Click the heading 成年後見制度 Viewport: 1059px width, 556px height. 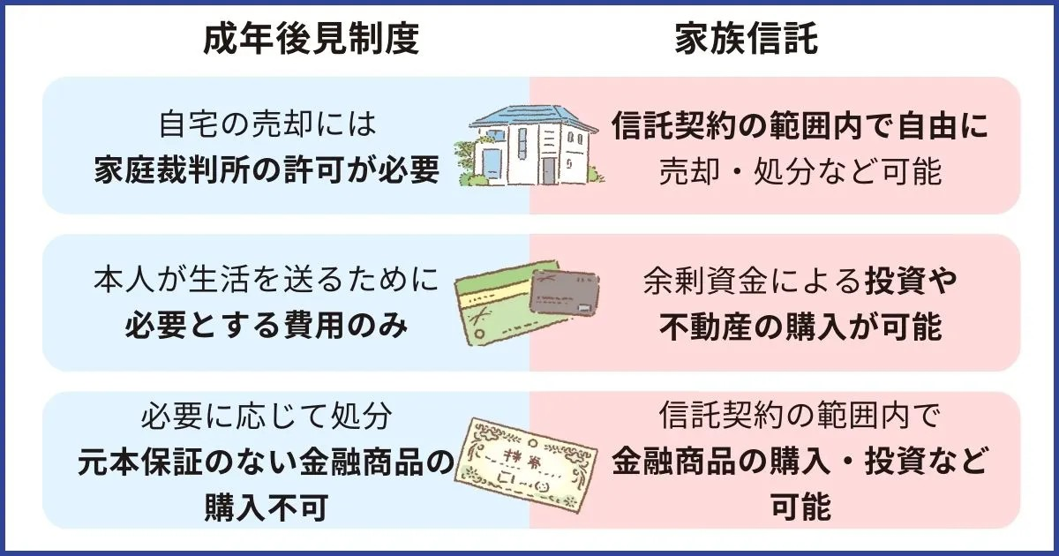pos(312,39)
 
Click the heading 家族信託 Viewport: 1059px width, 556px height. pos(746,39)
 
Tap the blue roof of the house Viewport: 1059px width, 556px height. pos(533,116)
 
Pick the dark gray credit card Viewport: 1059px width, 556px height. pos(565,292)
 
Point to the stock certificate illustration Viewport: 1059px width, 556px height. pos(525,465)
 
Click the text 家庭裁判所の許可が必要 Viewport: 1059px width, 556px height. pos(267,170)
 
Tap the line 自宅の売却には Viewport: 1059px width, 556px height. pos(267,125)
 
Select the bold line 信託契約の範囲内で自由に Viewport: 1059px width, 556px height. pos(800,125)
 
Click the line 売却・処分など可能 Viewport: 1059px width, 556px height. pos(800,171)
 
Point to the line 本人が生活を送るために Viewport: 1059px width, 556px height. pos(267,280)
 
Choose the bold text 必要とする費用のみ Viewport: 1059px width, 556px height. pos(267,326)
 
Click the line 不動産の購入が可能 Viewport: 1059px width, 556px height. pos(800,327)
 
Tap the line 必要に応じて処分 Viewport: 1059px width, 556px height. pos(267,416)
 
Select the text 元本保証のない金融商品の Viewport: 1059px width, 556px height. pos(266,462)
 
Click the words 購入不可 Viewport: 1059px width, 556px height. pos(267,507)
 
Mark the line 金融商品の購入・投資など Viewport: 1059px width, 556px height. pos(800,462)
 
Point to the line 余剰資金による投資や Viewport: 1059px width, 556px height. pos(800,281)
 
